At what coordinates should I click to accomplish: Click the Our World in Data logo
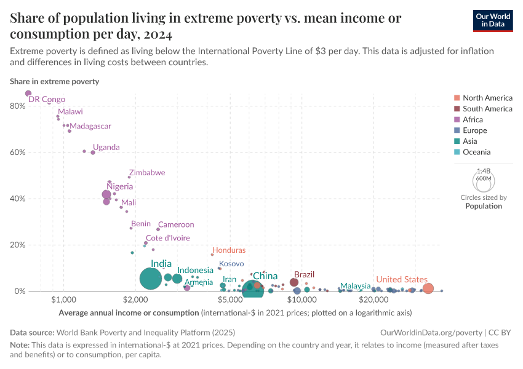pos(493,20)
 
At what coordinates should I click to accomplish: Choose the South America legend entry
pos(487,109)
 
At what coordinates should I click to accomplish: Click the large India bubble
pos(150,279)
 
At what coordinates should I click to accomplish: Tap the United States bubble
pos(428,288)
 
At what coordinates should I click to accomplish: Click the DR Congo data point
pos(28,93)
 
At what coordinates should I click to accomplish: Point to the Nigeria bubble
pos(106,194)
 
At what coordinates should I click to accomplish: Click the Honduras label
pos(228,250)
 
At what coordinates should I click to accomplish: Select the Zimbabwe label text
pos(147,173)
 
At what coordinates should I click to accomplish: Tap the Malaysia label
pos(355,286)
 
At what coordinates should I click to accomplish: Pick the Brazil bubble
pos(294,282)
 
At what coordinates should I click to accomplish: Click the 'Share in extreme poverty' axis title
pos(54,81)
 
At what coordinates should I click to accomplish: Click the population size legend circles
pos(483,181)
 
